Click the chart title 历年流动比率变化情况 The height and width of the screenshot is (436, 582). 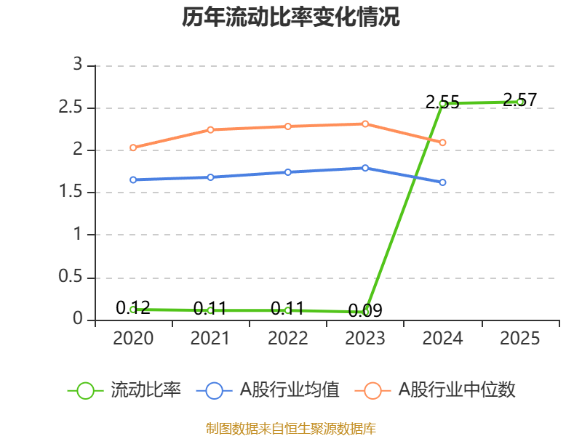coord(290,17)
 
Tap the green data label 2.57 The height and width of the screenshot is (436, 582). coord(519,100)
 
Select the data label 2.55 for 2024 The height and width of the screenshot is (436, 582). coord(442,102)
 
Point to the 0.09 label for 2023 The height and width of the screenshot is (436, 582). coord(365,310)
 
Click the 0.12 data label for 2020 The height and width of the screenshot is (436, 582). coord(133,307)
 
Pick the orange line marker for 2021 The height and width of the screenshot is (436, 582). coord(210,130)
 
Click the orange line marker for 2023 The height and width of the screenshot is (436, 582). coord(365,124)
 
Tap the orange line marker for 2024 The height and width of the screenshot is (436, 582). coord(442,142)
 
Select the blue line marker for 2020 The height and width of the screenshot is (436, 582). coord(133,179)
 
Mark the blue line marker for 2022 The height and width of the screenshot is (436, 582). coord(288,172)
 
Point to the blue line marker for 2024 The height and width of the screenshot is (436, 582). coord(442,182)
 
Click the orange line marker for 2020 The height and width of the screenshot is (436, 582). coord(133,148)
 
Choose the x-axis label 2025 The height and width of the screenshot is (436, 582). coord(519,338)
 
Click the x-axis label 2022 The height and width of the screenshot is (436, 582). coord(288,338)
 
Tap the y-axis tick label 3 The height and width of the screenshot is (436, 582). coord(78,64)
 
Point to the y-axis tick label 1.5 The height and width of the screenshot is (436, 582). coord(71,191)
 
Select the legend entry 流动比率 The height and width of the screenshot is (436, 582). coord(124,390)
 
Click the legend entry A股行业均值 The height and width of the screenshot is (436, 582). coord(268,390)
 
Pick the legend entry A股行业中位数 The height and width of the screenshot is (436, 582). coord(435,390)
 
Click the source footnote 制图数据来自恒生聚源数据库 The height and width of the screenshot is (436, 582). coord(290,429)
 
